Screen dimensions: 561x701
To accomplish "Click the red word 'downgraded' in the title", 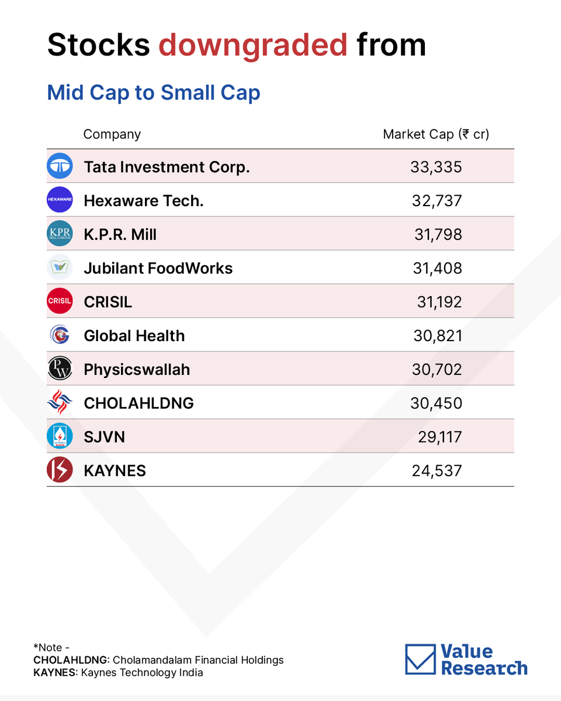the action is point(253,46).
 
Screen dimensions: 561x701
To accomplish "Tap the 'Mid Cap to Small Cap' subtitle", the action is point(154,93).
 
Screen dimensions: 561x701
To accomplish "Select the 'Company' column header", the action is point(112,134).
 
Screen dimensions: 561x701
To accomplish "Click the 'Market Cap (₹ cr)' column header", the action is point(436,134).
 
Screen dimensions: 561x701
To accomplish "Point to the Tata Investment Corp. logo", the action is point(60,166).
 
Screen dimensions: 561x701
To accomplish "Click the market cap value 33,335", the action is point(436,167).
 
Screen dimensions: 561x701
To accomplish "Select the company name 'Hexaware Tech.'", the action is point(144,200).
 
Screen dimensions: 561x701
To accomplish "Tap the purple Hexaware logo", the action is point(60,199).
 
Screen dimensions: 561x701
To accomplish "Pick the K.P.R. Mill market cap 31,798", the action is point(438,234).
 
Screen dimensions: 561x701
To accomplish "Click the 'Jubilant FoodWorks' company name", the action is point(158,268).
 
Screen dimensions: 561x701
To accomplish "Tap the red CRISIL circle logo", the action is point(60,301).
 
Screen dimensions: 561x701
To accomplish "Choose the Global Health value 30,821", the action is point(438,336).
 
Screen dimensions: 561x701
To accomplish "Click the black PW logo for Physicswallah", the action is point(60,369).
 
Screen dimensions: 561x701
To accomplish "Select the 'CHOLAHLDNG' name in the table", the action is point(139,403).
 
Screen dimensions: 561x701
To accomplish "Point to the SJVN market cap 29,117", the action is point(439,437).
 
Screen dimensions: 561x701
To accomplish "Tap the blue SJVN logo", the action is point(60,436).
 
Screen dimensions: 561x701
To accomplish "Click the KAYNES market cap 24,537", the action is point(437,471).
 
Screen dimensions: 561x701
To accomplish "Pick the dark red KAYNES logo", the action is point(60,470).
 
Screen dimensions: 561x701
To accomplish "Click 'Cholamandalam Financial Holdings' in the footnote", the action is point(198,660).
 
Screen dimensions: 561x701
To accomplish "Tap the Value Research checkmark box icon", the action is point(421,659).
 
